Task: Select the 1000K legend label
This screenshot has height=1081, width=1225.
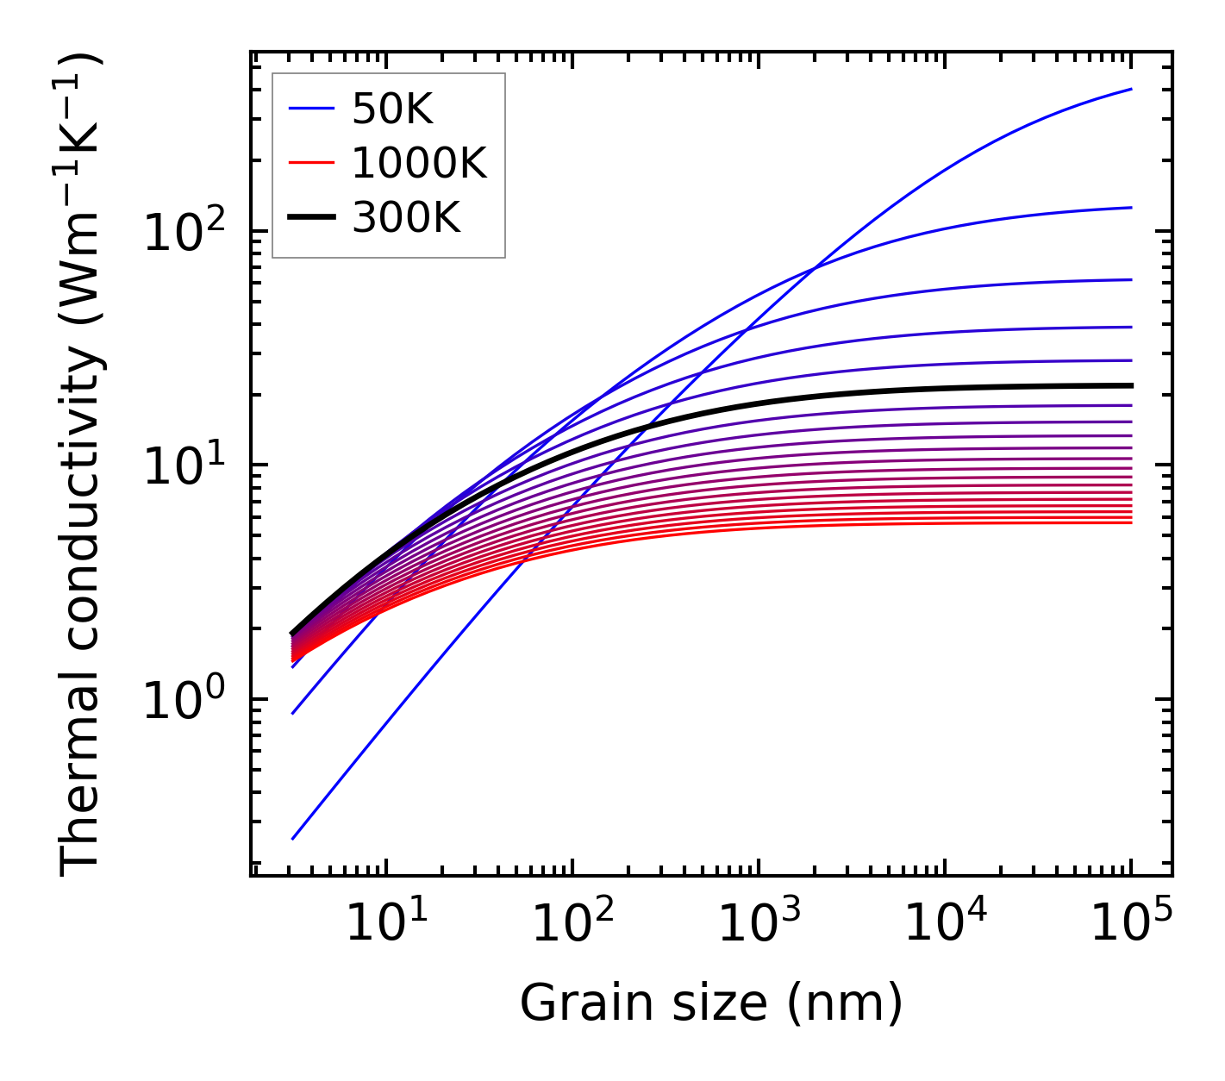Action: coord(419,163)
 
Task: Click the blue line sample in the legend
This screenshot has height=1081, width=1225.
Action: coord(310,109)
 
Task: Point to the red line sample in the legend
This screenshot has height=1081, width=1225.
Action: coord(310,163)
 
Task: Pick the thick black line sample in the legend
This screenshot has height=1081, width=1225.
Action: coord(310,218)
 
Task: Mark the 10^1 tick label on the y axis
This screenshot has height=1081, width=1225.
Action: coord(184,468)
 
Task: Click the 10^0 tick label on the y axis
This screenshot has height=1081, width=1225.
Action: coord(184,702)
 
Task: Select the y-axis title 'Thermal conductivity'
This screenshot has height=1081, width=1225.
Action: coord(81,466)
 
